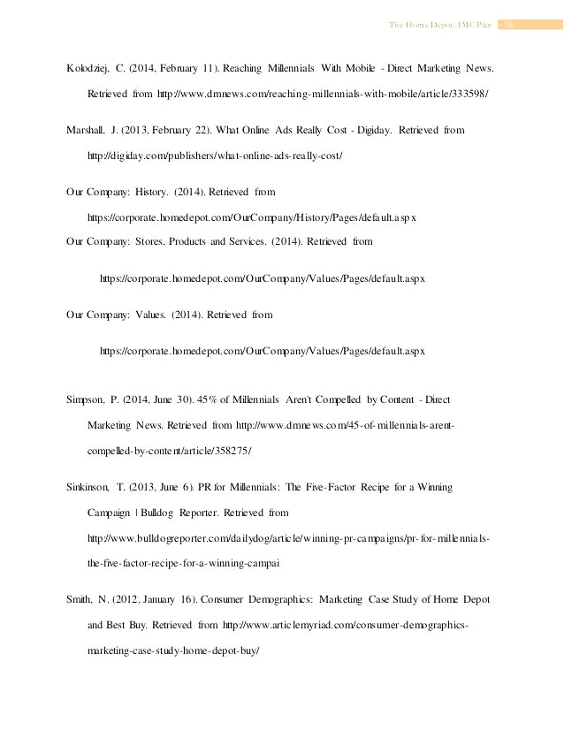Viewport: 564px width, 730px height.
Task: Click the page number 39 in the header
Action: [509, 25]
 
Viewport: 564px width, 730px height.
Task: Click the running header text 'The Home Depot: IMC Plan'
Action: [439, 25]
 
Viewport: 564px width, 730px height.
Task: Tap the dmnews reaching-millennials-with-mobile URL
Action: [356, 93]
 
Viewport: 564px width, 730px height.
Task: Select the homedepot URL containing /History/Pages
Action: [251, 217]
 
